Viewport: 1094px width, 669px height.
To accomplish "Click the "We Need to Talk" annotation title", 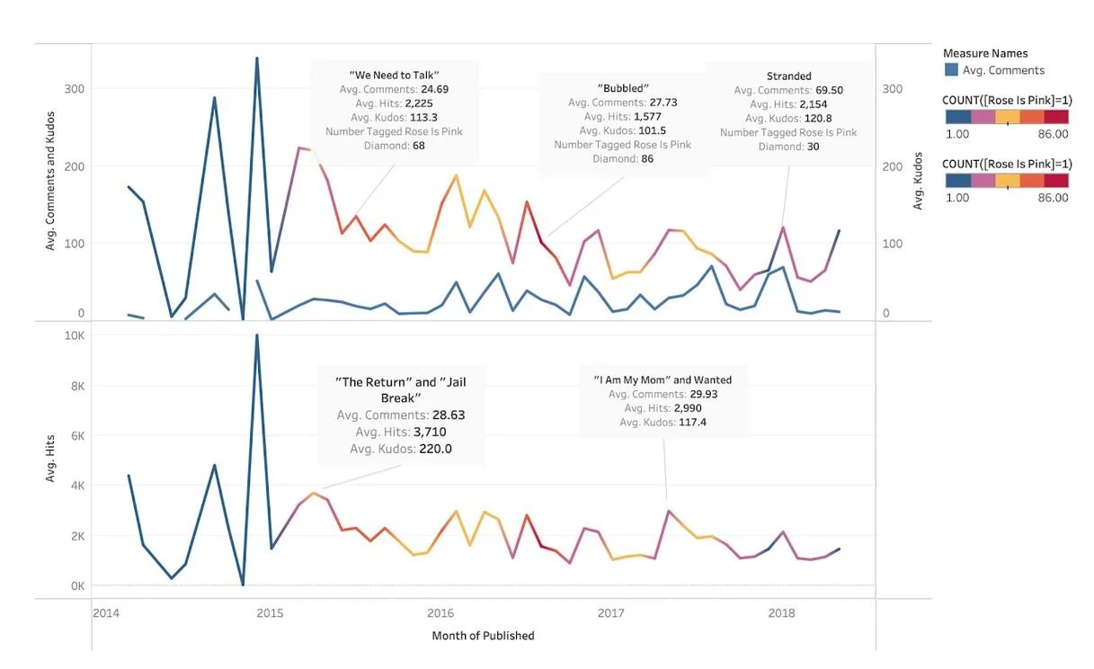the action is [394, 75].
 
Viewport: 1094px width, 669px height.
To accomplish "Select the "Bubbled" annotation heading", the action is [623, 88].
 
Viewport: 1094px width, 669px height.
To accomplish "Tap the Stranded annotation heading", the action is [788, 76].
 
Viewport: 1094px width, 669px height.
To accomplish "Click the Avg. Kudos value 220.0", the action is [435, 449].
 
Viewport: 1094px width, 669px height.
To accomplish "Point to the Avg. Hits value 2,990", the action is [688, 408].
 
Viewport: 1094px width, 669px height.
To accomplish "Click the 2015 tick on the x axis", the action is [270, 613].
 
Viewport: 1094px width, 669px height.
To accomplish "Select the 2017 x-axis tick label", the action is [611, 613].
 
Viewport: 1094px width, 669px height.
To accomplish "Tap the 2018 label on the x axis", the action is [781, 613].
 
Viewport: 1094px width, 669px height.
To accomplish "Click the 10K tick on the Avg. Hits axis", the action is [75, 335].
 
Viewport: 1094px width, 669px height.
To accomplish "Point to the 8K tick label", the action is [77, 386].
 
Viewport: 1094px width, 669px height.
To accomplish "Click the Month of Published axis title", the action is [483, 636].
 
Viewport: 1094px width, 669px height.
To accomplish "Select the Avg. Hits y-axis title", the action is [49, 458].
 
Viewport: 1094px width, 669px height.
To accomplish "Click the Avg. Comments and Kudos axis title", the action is [49, 181].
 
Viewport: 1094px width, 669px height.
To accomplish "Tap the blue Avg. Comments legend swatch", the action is [951, 70].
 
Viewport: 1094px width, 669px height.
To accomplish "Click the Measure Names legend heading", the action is [985, 53].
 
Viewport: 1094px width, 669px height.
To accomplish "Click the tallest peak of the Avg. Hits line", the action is [257, 335].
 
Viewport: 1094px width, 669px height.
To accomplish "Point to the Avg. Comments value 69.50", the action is [830, 90].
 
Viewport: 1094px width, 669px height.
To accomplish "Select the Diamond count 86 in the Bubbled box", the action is [647, 159].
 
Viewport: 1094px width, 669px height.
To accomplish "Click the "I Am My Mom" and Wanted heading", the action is [663, 379].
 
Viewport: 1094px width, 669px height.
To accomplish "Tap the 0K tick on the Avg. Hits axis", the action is [77, 586].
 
